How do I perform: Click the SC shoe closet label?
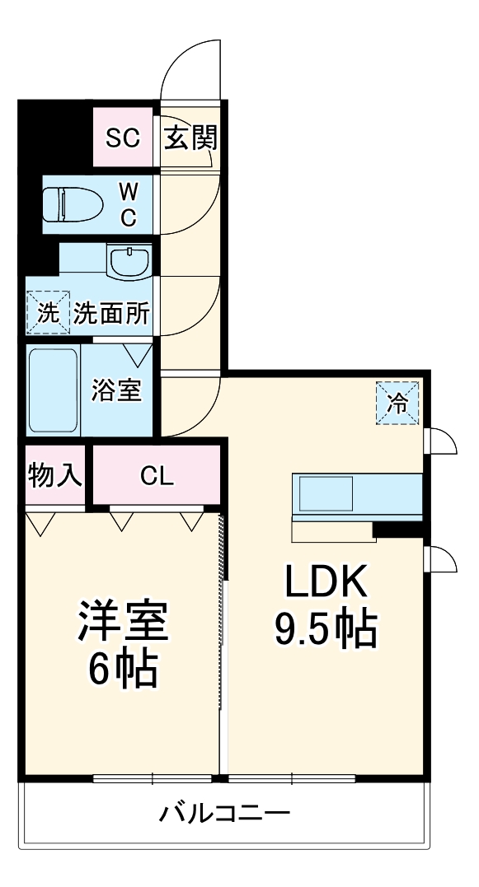122,138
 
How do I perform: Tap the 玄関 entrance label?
190,138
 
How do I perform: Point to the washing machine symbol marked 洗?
48,313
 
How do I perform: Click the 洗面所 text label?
112,313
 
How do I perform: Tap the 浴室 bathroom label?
117,390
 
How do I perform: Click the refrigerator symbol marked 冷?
397,404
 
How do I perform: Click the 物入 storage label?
55,475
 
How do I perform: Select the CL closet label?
156,475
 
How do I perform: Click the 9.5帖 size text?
325,630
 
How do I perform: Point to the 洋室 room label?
123,622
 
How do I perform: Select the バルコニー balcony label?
224,815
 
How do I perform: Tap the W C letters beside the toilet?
128,203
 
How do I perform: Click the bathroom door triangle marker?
138,355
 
